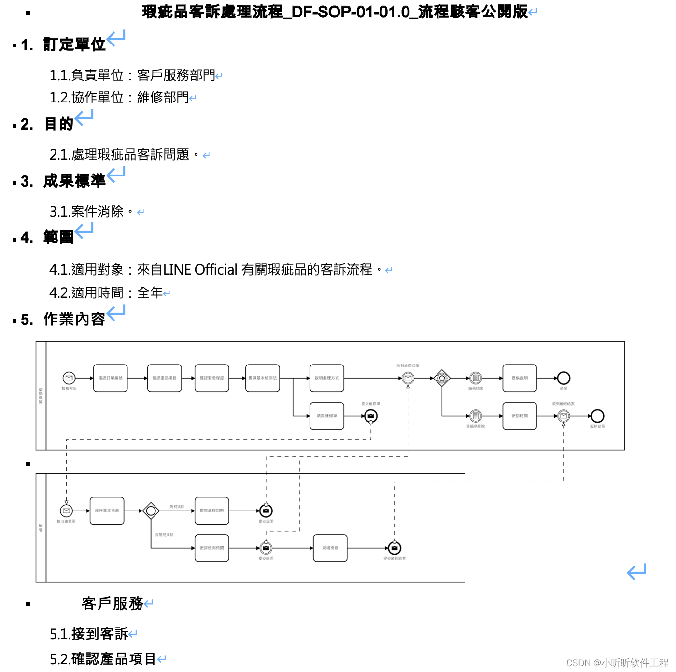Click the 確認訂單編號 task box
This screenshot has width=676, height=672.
[111, 378]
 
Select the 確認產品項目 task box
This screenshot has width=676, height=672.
[165, 378]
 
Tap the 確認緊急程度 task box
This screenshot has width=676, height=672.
[212, 378]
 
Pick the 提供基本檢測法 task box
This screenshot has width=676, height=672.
[263, 378]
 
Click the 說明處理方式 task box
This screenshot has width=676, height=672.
[327, 378]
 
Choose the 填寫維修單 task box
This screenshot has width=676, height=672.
[327, 416]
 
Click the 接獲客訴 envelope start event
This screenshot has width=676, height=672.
[69, 378]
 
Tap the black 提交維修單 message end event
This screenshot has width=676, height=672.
[371, 416]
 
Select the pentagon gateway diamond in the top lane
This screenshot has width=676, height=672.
[442, 378]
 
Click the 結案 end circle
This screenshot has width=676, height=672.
[563, 378]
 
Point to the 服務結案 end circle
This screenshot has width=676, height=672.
[597, 416]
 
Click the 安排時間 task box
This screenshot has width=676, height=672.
[520, 416]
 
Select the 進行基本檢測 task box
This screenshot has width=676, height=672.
[107, 511]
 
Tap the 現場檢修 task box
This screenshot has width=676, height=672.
[330, 548]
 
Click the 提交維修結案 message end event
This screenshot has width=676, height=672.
[394, 548]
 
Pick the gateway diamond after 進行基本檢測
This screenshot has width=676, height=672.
[151, 511]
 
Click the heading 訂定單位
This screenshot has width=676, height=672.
[74, 44]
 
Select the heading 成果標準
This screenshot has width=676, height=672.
[74, 181]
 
